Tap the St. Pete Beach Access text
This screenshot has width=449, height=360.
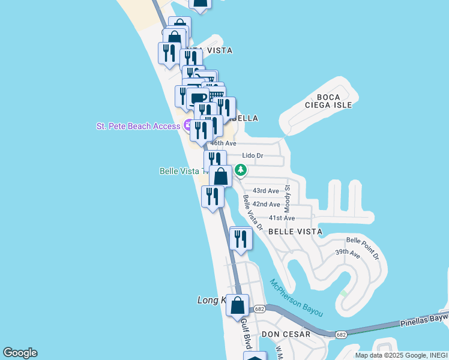tap(138, 126)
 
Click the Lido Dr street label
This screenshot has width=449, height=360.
tap(252, 155)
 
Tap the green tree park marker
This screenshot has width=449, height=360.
tap(241, 170)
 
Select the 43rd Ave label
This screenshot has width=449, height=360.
tap(265, 191)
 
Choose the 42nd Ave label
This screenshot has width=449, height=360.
tap(267, 205)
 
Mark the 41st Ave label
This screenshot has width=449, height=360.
tap(282, 218)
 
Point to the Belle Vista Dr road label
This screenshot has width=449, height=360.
tap(253, 212)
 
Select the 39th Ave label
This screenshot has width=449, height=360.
tap(348, 254)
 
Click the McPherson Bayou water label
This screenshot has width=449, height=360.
tap(296, 298)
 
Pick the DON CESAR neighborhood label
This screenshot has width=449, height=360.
tap(286, 334)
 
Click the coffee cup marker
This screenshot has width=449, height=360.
tap(197, 97)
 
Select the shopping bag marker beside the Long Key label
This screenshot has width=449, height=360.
tap(238, 305)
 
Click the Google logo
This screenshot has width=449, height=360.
tap(20, 353)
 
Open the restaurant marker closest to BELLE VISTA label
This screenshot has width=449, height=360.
tap(241, 239)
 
